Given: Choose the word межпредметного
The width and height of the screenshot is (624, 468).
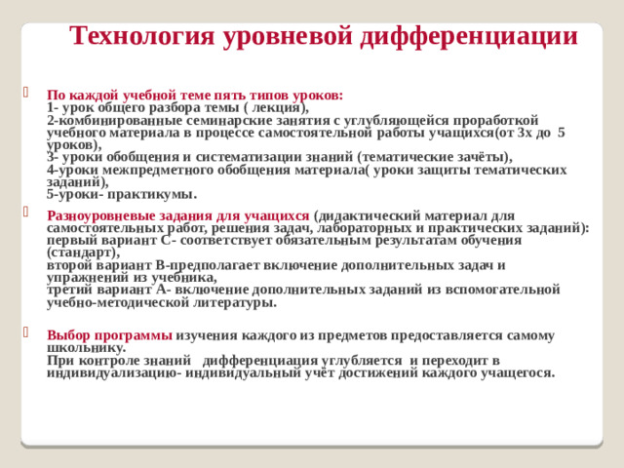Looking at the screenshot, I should point(159,169).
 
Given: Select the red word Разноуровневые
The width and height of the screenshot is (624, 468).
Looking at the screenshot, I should point(99,216).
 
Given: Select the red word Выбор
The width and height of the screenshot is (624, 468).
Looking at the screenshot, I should point(68,335).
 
